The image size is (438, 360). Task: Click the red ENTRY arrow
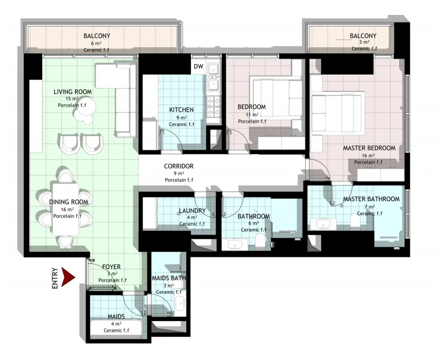(x=68, y=277)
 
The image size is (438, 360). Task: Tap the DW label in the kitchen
(x=198, y=67)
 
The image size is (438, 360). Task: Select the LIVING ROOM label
(x=73, y=92)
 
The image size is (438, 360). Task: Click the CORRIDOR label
(x=179, y=166)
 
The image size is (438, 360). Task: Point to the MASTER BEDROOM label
(x=369, y=148)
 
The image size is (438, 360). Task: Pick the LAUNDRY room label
(x=192, y=211)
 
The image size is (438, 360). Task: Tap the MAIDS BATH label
(x=169, y=278)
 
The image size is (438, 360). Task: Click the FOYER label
(x=111, y=267)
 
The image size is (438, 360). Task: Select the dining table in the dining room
(x=66, y=210)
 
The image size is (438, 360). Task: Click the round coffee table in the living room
(x=86, y=106)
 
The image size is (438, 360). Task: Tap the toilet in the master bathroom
(x=355, y=219)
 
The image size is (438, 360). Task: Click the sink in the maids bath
(x=180, y=303)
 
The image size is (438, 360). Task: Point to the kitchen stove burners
(x=214, y=106)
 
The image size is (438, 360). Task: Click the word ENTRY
(x=55, y=278)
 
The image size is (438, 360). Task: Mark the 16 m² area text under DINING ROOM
(x=67, y=209)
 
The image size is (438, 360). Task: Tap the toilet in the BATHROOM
(x=260, y=241)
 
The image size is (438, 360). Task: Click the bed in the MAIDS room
(x=116, y=328)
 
